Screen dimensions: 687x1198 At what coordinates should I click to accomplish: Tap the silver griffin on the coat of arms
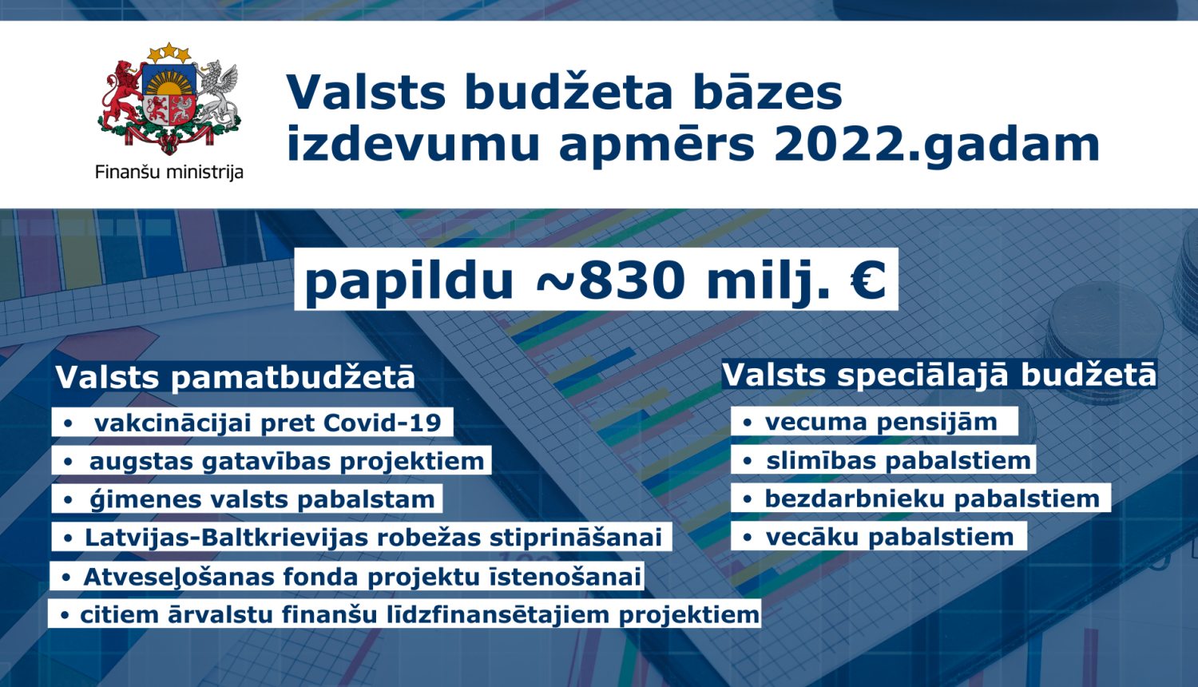point(217,92)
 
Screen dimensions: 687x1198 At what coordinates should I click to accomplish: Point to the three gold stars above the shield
point(169,54)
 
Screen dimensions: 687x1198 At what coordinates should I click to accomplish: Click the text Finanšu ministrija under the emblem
point(169,172)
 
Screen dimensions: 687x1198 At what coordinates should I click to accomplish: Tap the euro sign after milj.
point(868,280)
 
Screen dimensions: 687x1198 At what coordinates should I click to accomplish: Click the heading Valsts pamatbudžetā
point(236,377)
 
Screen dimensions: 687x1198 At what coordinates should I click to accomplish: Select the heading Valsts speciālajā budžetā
point(939,375)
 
